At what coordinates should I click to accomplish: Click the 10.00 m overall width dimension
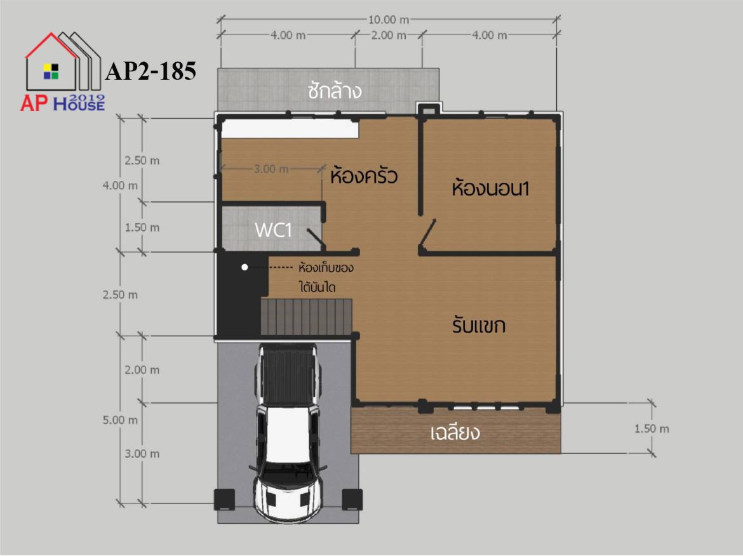389,20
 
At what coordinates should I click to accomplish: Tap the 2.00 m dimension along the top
389,35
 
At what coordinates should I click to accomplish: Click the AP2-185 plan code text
151,72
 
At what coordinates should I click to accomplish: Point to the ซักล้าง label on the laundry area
335,91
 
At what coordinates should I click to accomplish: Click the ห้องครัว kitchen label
364,176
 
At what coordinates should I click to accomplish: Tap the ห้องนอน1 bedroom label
490,189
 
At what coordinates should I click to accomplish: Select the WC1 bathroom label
273,230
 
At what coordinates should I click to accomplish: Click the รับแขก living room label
479,326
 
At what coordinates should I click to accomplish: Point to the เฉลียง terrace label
455,432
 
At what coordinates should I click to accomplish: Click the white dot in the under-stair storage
244,267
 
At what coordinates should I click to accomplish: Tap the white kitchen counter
290,128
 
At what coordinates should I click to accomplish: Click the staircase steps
307,317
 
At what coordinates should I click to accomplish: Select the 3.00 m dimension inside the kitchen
271,169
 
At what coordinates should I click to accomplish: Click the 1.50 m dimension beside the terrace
652,428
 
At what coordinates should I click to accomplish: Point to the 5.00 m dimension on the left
121,420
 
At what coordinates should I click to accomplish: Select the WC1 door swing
316,239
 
